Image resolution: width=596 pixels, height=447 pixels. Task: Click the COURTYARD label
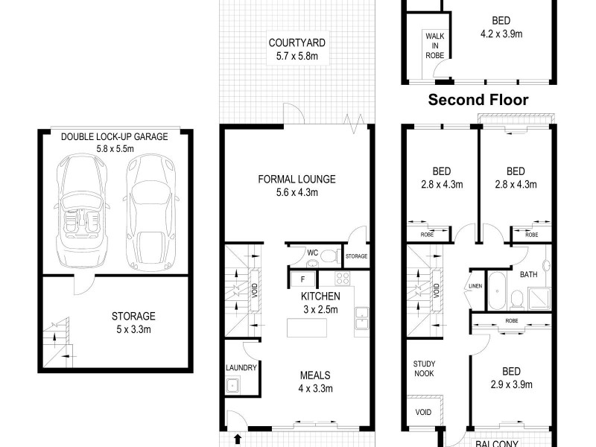297,48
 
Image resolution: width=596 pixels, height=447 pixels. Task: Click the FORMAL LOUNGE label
297,186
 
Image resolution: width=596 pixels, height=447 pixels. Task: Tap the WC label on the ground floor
314,253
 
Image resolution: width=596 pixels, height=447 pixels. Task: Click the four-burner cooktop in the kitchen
343,279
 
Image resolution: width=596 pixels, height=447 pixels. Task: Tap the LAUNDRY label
241,368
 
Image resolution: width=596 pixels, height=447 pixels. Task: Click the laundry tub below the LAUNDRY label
233,385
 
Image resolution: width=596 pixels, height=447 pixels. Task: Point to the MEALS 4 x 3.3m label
315,381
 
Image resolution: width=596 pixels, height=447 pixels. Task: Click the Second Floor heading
478,100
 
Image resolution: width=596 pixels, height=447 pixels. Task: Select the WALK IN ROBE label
434,45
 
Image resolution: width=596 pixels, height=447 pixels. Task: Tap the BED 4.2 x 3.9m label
501,27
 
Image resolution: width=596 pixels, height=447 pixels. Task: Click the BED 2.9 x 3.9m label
510,376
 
